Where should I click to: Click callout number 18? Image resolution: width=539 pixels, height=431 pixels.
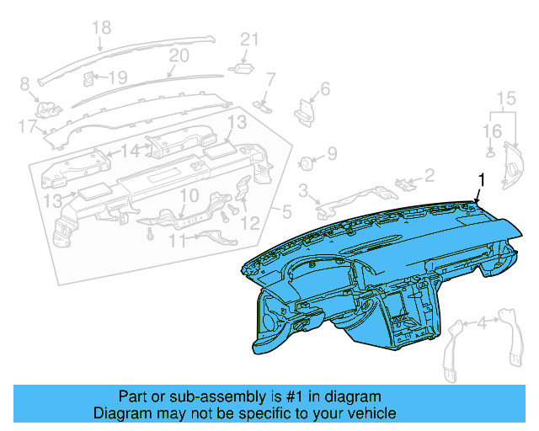[x=101, y=29]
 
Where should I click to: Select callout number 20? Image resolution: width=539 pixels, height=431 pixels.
[x=179, y=56]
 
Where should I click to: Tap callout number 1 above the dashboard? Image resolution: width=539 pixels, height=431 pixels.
[x=482, y=179]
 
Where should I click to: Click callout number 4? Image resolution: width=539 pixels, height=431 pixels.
[x=482, y=323]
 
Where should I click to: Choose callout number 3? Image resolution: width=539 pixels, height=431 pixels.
[x=303, y=191]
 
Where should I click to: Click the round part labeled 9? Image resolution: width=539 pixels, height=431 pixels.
[x=309, y=160]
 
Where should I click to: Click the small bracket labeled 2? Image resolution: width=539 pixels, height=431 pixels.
[x=405, y=183]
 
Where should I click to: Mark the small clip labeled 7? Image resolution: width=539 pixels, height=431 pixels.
[x=263, y=104]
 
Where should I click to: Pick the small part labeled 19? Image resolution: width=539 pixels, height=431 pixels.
[x=88, y=78]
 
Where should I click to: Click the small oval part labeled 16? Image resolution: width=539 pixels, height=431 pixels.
[x=490, y=154]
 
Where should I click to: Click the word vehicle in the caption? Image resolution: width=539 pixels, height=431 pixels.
[x=374, y=414]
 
